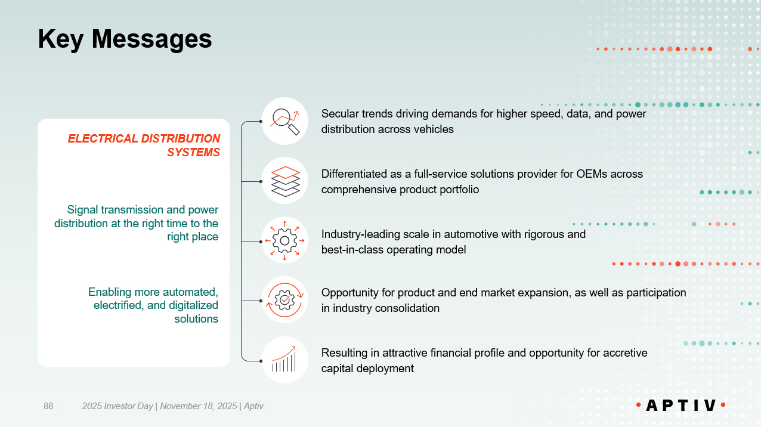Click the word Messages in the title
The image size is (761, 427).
pos(151,39)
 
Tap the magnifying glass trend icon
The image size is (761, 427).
pos(284,121)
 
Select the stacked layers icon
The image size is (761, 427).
pos(285,181)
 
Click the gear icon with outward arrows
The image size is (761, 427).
pos(284,241)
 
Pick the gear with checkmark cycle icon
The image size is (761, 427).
pos(284,301)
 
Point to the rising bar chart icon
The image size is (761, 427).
pos(284,360)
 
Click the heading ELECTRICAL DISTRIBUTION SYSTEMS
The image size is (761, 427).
pos(144,146)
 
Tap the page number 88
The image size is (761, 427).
pos(48,406)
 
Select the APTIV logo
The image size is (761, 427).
pos(681,405)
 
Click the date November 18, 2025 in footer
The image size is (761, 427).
pos(199,406)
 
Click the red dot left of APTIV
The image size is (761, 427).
pos(638,404)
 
